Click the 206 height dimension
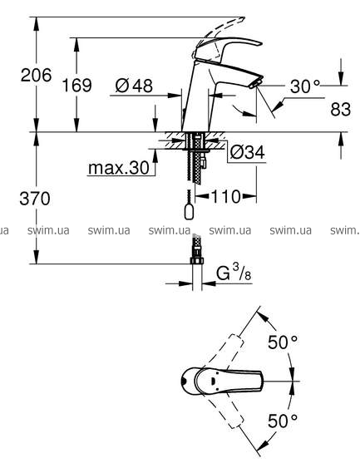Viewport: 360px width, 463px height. (36, 75)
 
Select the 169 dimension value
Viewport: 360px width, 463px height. (76, 86)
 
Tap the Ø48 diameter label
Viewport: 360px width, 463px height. (134, 86)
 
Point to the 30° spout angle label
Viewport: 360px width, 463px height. (305, 86)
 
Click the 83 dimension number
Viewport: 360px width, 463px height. (341, 109)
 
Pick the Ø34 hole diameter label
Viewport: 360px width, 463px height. (247, 152)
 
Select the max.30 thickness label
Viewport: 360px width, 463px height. (119, 168)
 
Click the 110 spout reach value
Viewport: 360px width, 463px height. (225, 196)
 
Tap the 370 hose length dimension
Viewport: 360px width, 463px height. (35, 199)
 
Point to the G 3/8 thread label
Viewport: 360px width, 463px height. (234, 273)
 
